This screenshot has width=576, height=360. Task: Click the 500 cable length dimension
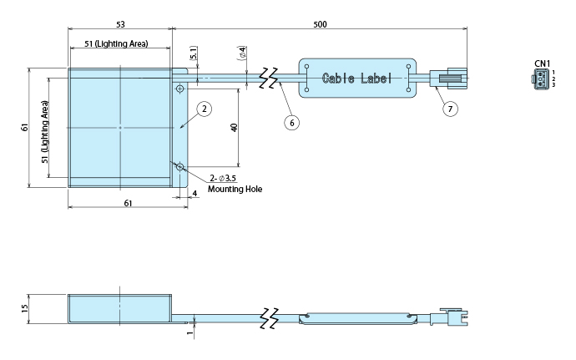(x=320, y=24)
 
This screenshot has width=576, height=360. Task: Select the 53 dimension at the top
(x=120, y=24)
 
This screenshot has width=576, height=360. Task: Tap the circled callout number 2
(x=205, y=109)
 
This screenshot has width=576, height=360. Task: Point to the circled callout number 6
(x=291, y=123)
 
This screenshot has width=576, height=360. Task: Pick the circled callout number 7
(x=450, y=109)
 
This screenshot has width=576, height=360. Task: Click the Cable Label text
(x=356, y=79)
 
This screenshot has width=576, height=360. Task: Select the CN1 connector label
(x=543, y=63)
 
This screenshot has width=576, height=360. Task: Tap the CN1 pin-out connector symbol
(x=539, y=80)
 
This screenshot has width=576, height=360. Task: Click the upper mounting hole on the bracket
(x=179, y=89)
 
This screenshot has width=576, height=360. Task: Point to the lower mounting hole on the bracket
(x=179, y=167)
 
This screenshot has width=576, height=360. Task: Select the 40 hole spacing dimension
(x=234, y=128)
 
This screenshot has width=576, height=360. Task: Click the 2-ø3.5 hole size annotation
(x=223, y=179)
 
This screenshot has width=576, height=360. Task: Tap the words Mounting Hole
(x=235, y=189)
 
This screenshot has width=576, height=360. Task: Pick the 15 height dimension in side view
(x=24, y=308)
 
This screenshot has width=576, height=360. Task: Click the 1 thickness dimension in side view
(x=189, y=332)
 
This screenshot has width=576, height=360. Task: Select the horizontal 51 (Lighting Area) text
(x=116, y=43)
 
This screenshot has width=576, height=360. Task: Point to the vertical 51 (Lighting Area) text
(x=45, y=132)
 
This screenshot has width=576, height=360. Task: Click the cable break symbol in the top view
(x=268, y=78)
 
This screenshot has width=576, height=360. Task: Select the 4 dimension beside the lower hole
(x=195, y=194)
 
